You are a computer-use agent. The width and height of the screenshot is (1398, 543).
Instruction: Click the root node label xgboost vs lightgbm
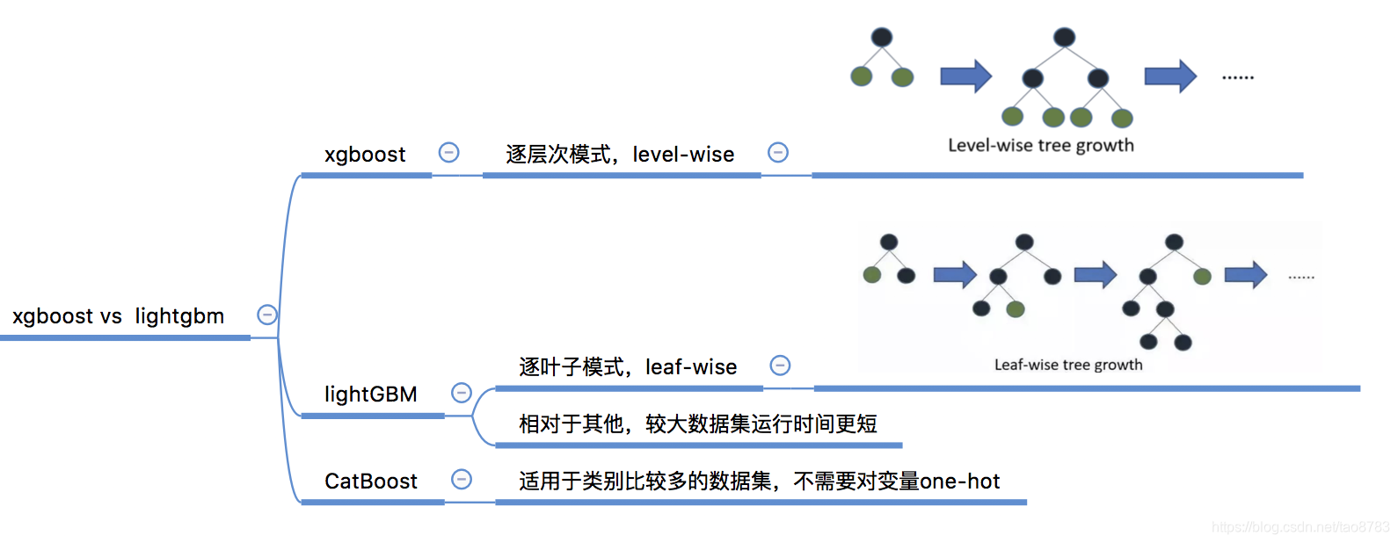pyautogui.click(x=119, y=316)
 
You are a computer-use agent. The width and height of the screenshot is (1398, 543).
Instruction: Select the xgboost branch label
pyautogui.click(x=365, y=155)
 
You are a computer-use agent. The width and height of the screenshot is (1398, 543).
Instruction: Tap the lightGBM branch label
pyautogui.click(x=370, y=395)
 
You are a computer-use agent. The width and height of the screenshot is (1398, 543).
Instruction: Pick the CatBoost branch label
pyautogui.click(x=370, y=481)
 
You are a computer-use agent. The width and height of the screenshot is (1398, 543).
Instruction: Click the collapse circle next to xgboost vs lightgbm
pyautogui.click(x=267, y=315)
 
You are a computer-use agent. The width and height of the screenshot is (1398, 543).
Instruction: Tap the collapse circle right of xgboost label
pyautogui.click(x=449, y=152)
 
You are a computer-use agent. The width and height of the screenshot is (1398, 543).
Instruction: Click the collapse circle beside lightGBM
pyautogui.click(x=462, y=393)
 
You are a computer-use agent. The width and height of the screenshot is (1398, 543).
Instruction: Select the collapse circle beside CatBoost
pyautogui.click(x=462, y=479)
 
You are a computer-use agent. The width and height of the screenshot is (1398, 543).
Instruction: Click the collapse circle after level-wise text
pyautogui.click(x=778, y=152)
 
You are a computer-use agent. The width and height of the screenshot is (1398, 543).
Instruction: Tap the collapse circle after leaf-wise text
pyautogui.click(x=780, y=366)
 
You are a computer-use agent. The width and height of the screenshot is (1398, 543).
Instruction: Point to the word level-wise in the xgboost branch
pyautogui.click(x=683, y=155)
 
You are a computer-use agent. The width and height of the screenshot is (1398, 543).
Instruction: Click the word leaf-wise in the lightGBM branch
pyautogui.click(x=691, y=367)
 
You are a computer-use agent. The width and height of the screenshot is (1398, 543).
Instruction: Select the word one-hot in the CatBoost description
pyautogui.click(x=960, y=481)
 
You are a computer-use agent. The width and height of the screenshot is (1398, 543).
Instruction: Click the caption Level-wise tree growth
pyautogui.click(x=1041, y=146)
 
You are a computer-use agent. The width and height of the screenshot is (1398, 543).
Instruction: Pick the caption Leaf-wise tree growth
pyautogui.click(x=1068, y=365)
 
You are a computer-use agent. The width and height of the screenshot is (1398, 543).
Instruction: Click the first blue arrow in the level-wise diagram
pyautogui.click(x=965, y=76)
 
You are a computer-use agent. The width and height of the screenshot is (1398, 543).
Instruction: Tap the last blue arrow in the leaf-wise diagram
pyautogui.click(x=1245, y=275)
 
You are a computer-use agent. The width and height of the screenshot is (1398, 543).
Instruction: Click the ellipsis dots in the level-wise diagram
pyautogui.click(x=1238, y=78)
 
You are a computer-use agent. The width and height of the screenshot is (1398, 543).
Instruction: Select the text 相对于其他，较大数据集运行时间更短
pyautogui.click(x=698, y=424)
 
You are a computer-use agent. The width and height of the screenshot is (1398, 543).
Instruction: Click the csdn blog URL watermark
pyautogui.click(x=1300, y=527)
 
